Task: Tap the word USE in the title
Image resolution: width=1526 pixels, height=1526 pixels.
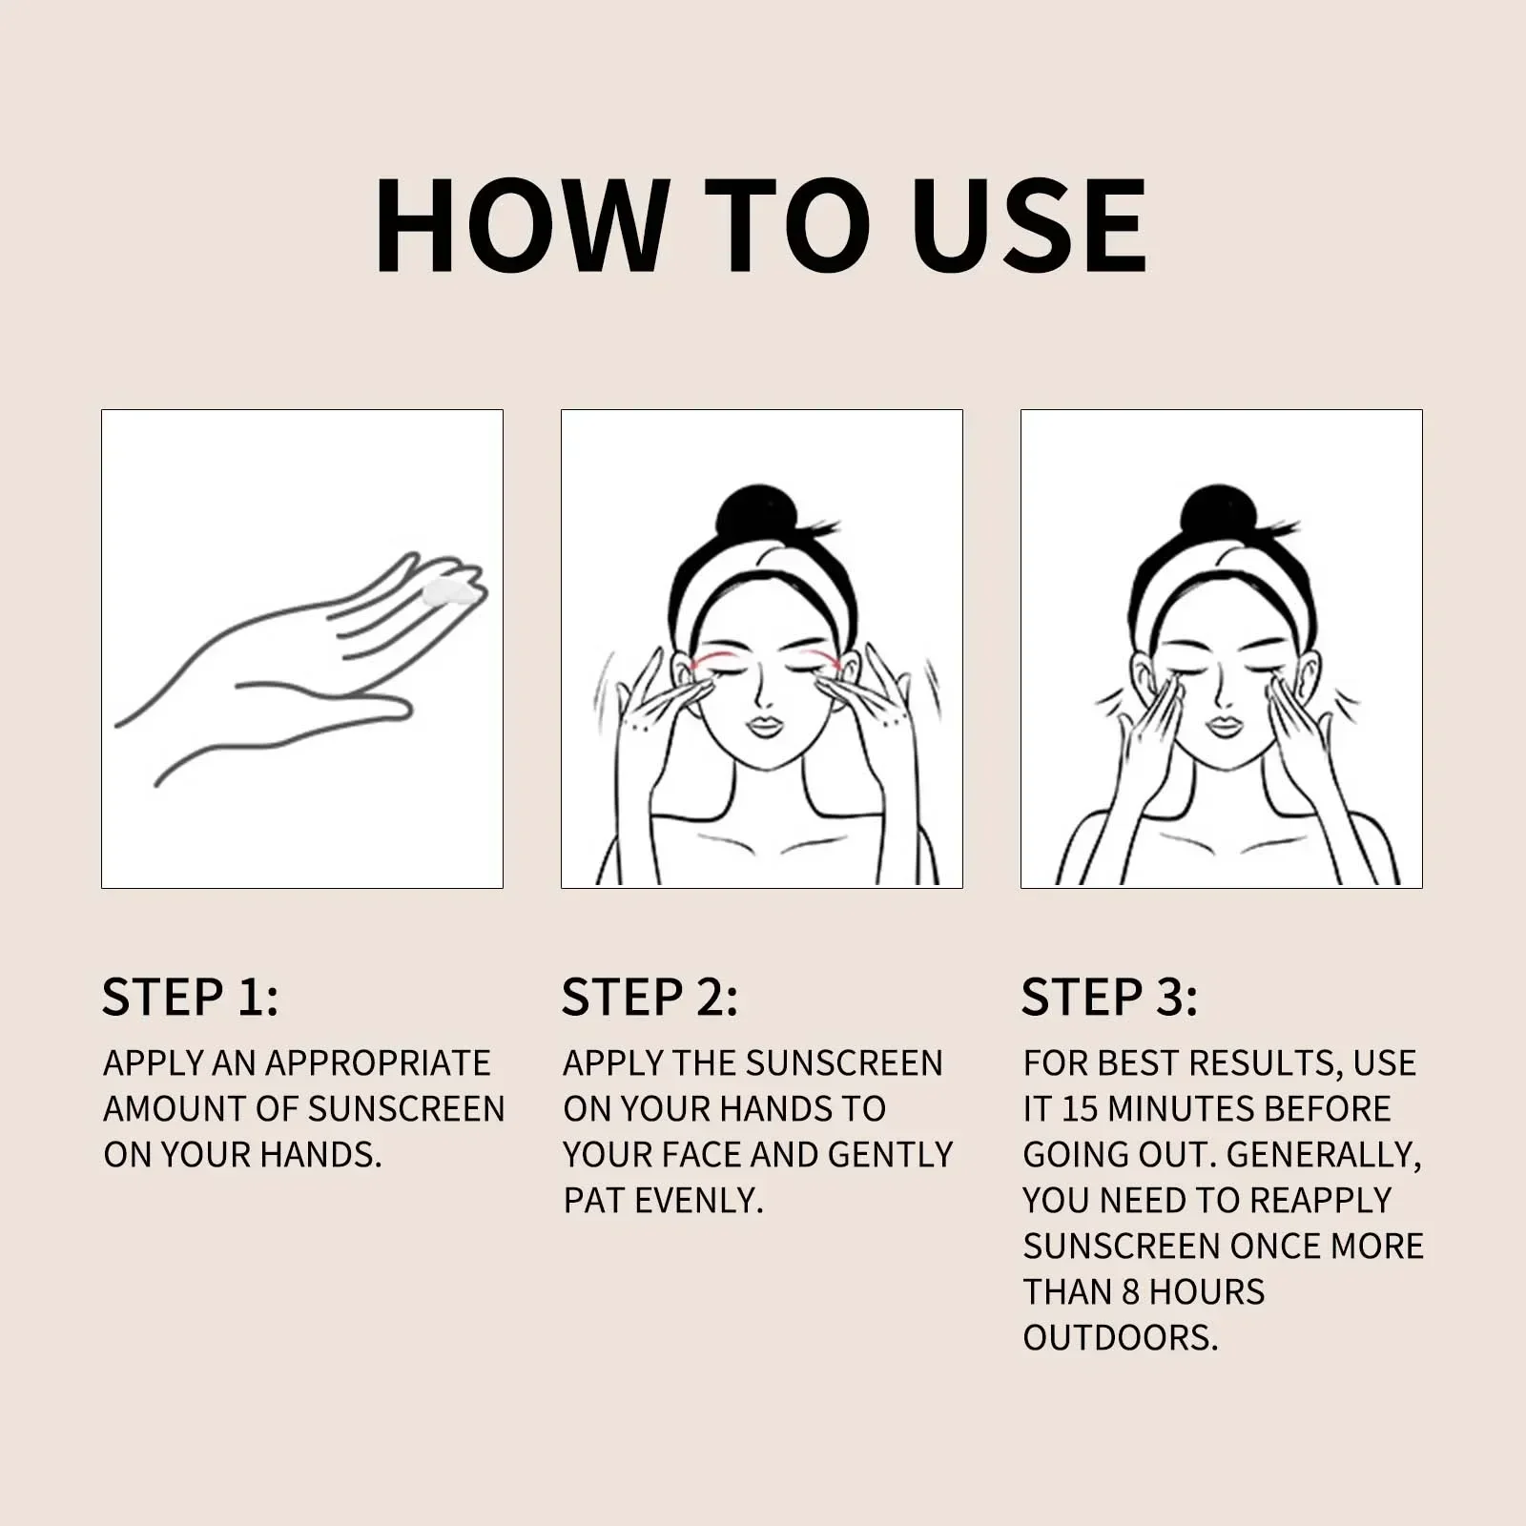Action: [x=1029, y=226]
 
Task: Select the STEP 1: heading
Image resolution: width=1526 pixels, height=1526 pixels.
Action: [x=190, y=997]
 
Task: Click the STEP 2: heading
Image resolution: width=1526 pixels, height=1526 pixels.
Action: [x=650, y=997]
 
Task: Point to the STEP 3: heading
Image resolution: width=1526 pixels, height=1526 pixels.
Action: [x=1109, y=997]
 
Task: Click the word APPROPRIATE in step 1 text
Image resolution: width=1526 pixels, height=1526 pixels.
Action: [x=377, y=1062]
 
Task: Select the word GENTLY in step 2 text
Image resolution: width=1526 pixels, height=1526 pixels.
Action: [x=890, y=1154]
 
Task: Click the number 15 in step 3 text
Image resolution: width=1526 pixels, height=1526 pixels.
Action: [x=1079, y=1108]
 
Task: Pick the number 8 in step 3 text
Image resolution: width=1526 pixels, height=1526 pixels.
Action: [x=1130, y=1291]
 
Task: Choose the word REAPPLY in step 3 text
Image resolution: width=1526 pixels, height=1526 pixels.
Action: [x=1321, y=1200]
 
